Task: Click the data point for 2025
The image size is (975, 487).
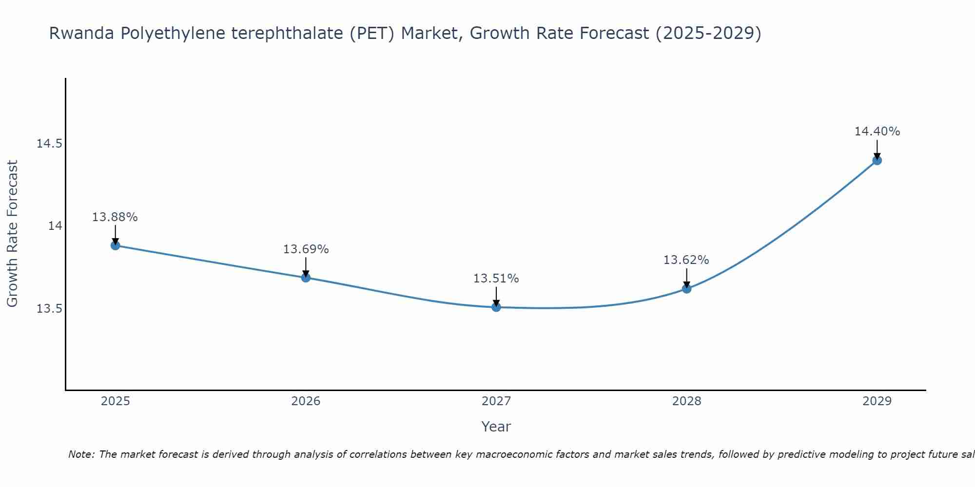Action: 115,245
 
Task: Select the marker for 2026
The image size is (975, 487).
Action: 306,278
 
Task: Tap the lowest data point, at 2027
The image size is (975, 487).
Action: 496,307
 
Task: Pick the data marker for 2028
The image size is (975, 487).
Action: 686,288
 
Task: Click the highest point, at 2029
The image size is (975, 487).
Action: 877,160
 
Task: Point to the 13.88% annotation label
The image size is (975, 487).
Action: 115,217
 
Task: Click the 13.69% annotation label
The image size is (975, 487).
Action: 306,249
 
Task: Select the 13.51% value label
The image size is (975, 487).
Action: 496,279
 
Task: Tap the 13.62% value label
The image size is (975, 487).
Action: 686,260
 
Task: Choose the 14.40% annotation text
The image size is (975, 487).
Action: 877,131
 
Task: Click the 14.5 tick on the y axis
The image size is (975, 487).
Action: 49,144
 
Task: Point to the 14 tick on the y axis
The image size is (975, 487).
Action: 55,226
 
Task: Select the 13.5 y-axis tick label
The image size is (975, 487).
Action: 49,309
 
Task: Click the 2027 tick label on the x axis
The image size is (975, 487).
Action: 496,401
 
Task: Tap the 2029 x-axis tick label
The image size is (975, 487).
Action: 877,401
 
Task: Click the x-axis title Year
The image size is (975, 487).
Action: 496,427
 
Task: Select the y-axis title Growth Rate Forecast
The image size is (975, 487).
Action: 12,234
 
